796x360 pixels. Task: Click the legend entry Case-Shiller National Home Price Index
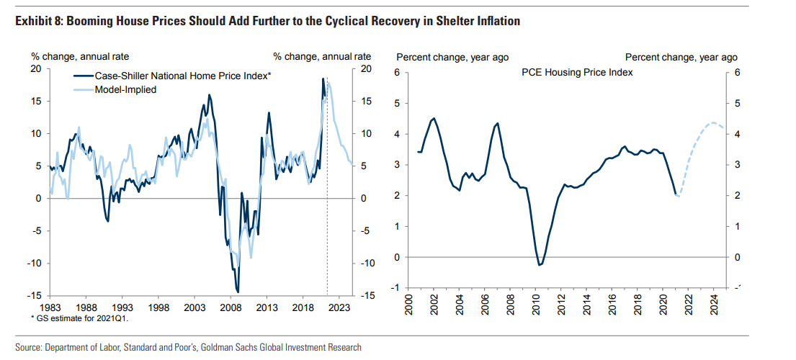coord(183,76)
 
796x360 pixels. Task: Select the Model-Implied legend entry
coord(126,89)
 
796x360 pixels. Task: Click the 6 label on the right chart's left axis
coord(396,73)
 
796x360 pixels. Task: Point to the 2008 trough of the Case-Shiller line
coord(238,292)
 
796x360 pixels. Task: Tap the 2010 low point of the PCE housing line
coord(540,265)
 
